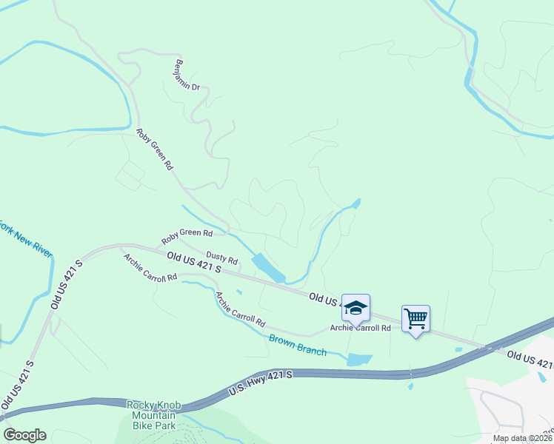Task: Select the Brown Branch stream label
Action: [297, 346]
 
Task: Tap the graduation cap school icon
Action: [356, 308]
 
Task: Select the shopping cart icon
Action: [415, 319]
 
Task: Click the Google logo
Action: [24, 435]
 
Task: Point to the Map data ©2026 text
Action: [523, 438]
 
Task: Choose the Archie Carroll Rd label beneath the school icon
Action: [360, 328]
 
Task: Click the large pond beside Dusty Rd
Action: [267, 268]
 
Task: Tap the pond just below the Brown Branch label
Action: [359, 360]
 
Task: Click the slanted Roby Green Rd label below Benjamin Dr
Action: [154, 150]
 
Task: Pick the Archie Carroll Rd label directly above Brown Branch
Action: [240, 310]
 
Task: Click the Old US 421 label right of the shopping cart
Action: [530, 360]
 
